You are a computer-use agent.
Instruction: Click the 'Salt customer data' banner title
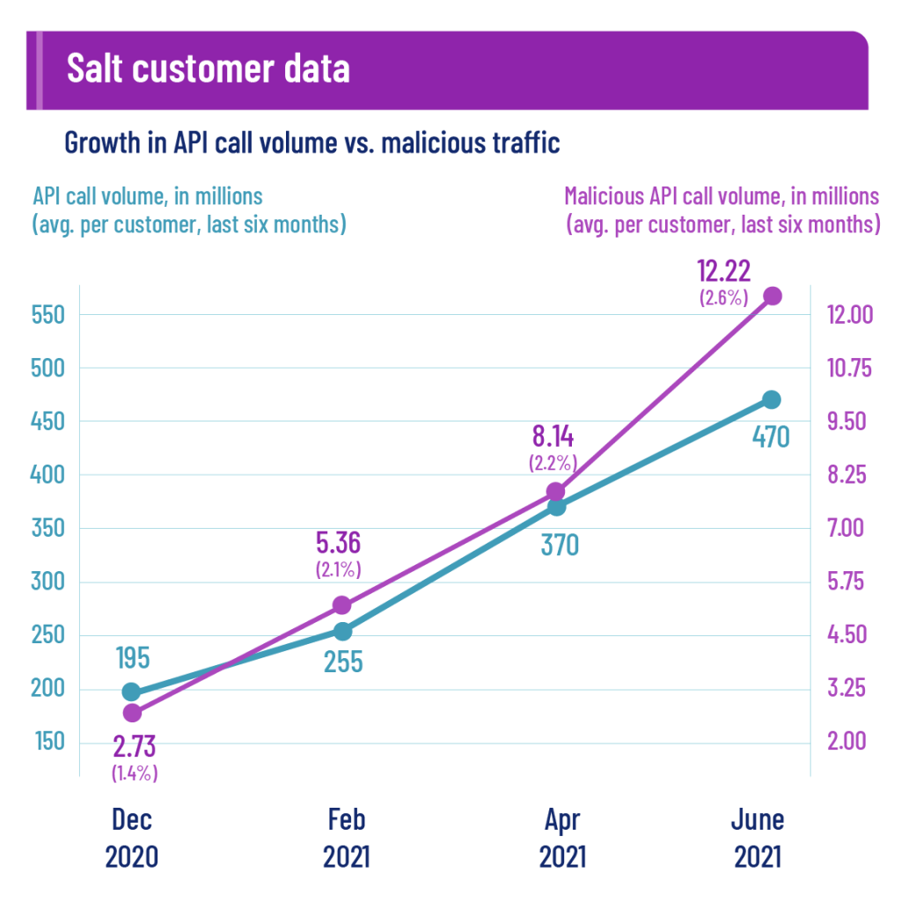coord(209,69)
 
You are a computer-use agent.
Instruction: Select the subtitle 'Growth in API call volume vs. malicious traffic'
coord(311,143)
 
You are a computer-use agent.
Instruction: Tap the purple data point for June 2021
coord(772,296)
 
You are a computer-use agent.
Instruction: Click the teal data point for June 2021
coord(771,399)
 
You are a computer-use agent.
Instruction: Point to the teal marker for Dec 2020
coord(131,692)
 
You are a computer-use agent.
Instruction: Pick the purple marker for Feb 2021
coord(342,604)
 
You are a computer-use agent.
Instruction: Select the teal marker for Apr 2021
coord(556,506)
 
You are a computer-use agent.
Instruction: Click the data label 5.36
coord(339,543)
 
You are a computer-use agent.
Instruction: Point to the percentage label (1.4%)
coord(134,773)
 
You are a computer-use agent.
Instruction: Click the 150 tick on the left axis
coord(49,743)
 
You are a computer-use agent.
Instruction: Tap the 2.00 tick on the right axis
coord(846,742)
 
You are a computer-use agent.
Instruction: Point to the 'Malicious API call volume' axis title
coord(722,195)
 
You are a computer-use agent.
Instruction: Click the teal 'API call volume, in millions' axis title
coord(149,195)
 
